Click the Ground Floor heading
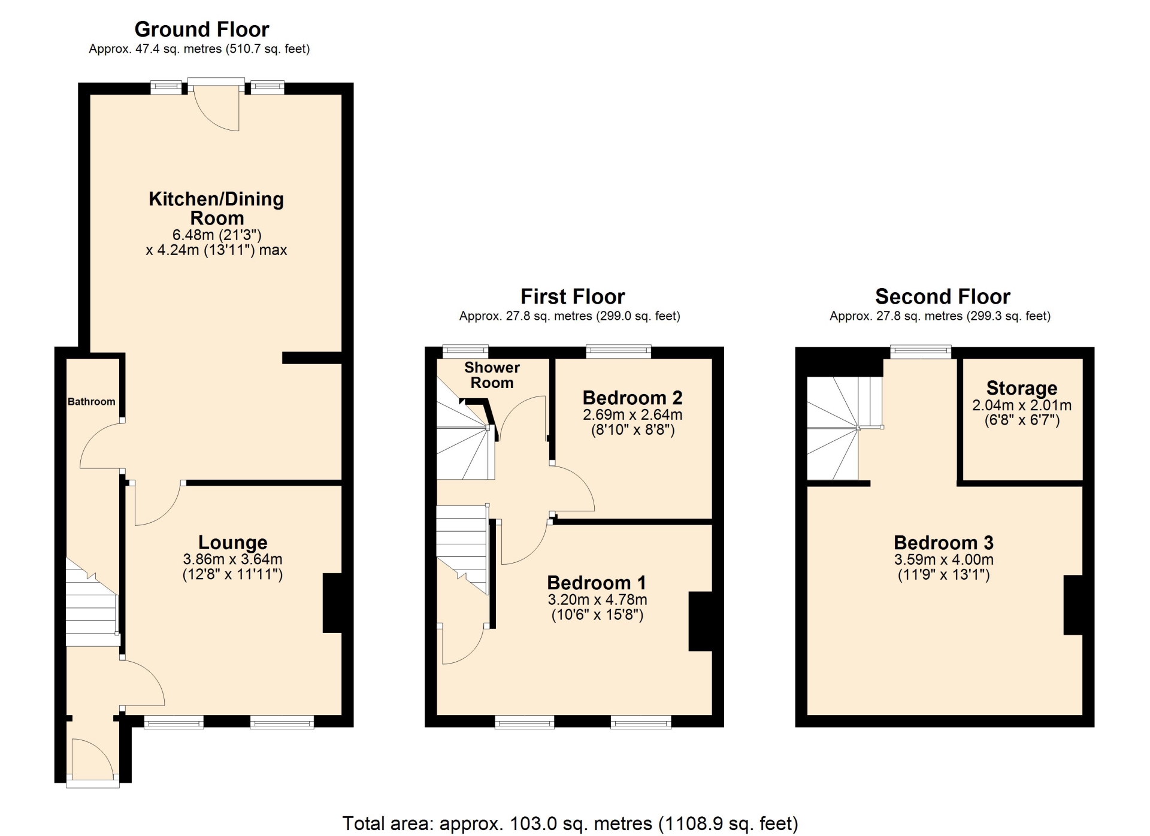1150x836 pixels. [202, 29]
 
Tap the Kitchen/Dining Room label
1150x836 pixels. [216, 208]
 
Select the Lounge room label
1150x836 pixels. [232, 543]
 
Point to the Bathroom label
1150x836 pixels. [91, 401]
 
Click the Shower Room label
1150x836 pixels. [492, 375]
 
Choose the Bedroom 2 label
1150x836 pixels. [632, 398]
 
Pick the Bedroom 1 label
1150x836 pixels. [597, 583]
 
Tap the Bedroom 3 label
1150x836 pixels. [943, 543]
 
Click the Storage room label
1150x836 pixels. [1022, 388]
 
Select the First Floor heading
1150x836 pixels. [573, 296]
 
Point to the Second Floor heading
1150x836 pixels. [943, 296]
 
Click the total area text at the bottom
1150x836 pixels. [570, 823]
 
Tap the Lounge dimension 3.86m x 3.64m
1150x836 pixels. [232, 559]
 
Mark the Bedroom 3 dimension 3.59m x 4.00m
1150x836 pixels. [944, 560]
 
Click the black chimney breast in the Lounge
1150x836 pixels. [332, 603]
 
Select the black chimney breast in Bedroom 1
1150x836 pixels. [700, 622]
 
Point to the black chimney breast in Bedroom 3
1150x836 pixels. [1073, 605]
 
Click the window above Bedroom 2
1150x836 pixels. [618, 352]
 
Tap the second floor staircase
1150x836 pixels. [845, 428]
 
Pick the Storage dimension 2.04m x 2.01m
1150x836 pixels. [1022, 405]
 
